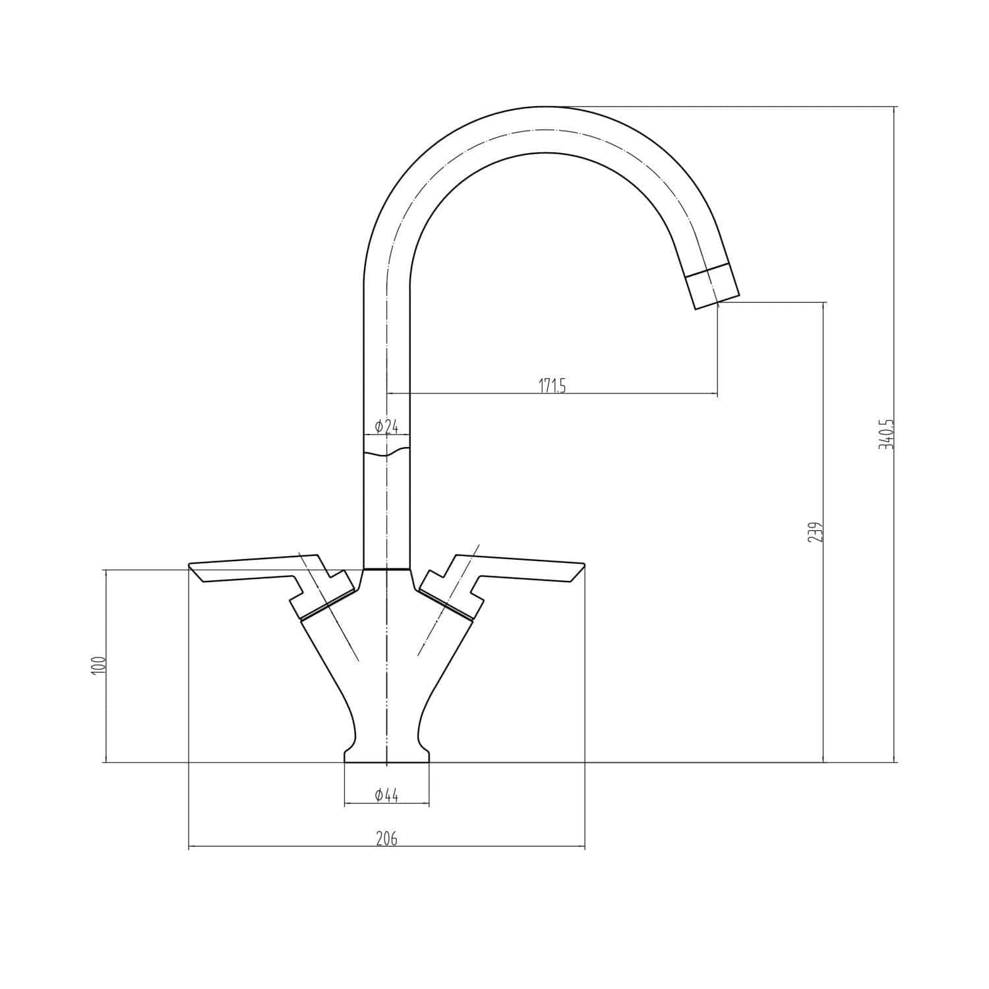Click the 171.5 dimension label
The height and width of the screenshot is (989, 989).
point(553,386)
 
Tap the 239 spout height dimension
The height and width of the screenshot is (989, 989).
point(815,532)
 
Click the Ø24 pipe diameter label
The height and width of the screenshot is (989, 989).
point(386,427)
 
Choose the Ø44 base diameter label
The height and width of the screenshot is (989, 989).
point(386,796)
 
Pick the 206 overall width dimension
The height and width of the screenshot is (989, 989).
point(386,839)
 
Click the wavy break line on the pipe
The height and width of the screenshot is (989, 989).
point(386,453)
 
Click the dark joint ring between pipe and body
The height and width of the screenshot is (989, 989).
point(386,568)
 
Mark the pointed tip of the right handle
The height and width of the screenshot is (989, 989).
point(583,566)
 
